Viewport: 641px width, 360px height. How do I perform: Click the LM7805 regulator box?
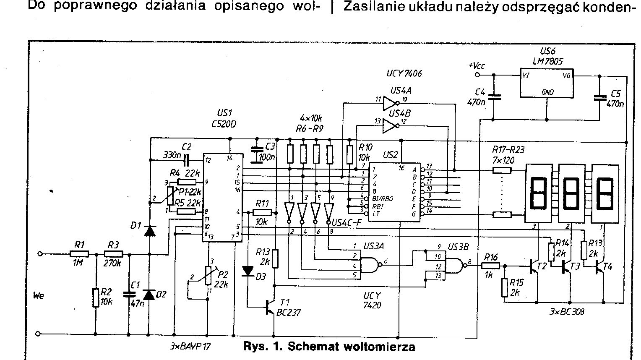tap(547, 83)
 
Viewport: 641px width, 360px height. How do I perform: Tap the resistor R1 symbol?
tap(79, 254)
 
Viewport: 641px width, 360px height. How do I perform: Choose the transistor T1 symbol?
tap(271, 308)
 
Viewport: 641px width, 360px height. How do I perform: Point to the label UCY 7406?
tap(404, 73)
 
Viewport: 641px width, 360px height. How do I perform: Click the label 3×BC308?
tap(567, 312)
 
